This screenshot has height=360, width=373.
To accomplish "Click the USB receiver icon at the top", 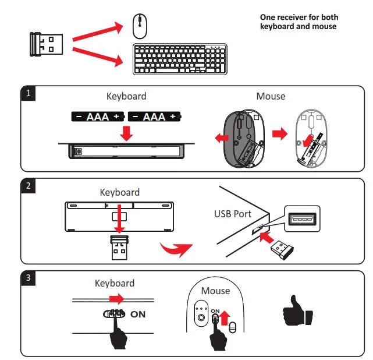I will (47, 44).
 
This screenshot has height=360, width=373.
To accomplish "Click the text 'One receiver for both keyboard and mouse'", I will (299, 22).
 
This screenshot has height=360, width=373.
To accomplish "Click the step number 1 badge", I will (28, 93).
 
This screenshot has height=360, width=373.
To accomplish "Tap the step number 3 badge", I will (28, 277).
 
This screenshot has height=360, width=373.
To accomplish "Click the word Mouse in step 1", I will (271, 96).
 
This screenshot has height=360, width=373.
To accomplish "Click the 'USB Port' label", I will (233, 214).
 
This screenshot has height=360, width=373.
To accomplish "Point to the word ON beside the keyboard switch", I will (138, 314).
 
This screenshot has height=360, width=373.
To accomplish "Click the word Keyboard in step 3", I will (115, 283).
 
